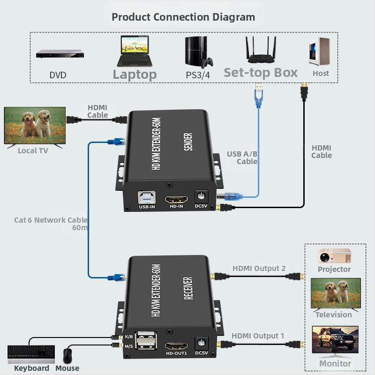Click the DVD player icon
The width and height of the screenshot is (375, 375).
coord(60,54)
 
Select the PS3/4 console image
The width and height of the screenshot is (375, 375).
coord(197,52)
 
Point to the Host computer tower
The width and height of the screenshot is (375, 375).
coord(319,52)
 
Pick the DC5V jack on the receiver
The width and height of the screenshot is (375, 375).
coord(201,344)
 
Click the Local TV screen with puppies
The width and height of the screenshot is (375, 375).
coord(35,125)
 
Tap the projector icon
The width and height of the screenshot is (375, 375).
coord(335,256)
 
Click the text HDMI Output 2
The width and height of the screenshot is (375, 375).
coord(259,269)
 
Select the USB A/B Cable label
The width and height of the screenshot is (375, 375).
coord(242,157)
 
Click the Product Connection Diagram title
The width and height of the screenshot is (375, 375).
coord(183,17)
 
